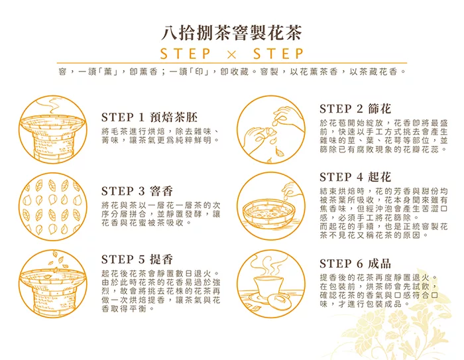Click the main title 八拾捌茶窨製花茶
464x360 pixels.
231,32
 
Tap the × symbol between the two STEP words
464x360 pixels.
232,54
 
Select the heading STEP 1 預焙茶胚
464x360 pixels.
149,117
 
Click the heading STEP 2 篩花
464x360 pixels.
355,109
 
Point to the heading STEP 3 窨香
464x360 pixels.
137,191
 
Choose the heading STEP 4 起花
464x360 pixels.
355,177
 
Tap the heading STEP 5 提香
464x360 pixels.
137,259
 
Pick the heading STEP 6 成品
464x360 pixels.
355,263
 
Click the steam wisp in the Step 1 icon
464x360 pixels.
52,105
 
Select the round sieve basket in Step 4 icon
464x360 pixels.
268,213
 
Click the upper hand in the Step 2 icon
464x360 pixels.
288,119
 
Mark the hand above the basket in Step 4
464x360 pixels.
292,190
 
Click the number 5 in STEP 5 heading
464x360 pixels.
141,260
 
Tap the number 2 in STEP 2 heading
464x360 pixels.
359,109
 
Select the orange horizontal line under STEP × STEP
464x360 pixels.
232,63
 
